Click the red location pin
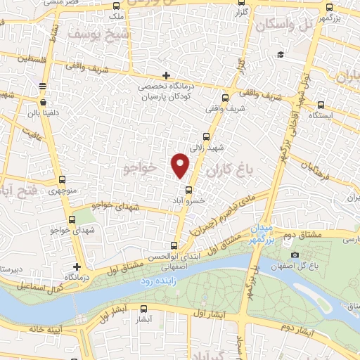pyautogui.click(x=181, y=165)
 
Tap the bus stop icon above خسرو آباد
pyautogui.click(x=188, y=189)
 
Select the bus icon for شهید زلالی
pyautogui.click(x=206, y=137)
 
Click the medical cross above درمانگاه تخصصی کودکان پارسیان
pyautogui.click(x=166, y=75)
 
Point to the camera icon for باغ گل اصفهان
pyautogui.click(x=295, y=254)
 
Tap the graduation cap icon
pyautogui.click(x=280, y=54)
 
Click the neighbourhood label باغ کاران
pyautogui.click(x=229, y=169)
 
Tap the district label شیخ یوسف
pyautogui.click(x=99, y=32)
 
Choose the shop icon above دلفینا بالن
pyautogui.click(x=43, y=86)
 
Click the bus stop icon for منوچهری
pyautogui.click(x=63, y=179)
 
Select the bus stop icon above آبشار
pyautogui.click(x=144, y=308)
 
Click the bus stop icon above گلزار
pyautogui.click(x=245, y=5)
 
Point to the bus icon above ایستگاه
pyautogui.click(x=321, y=103)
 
